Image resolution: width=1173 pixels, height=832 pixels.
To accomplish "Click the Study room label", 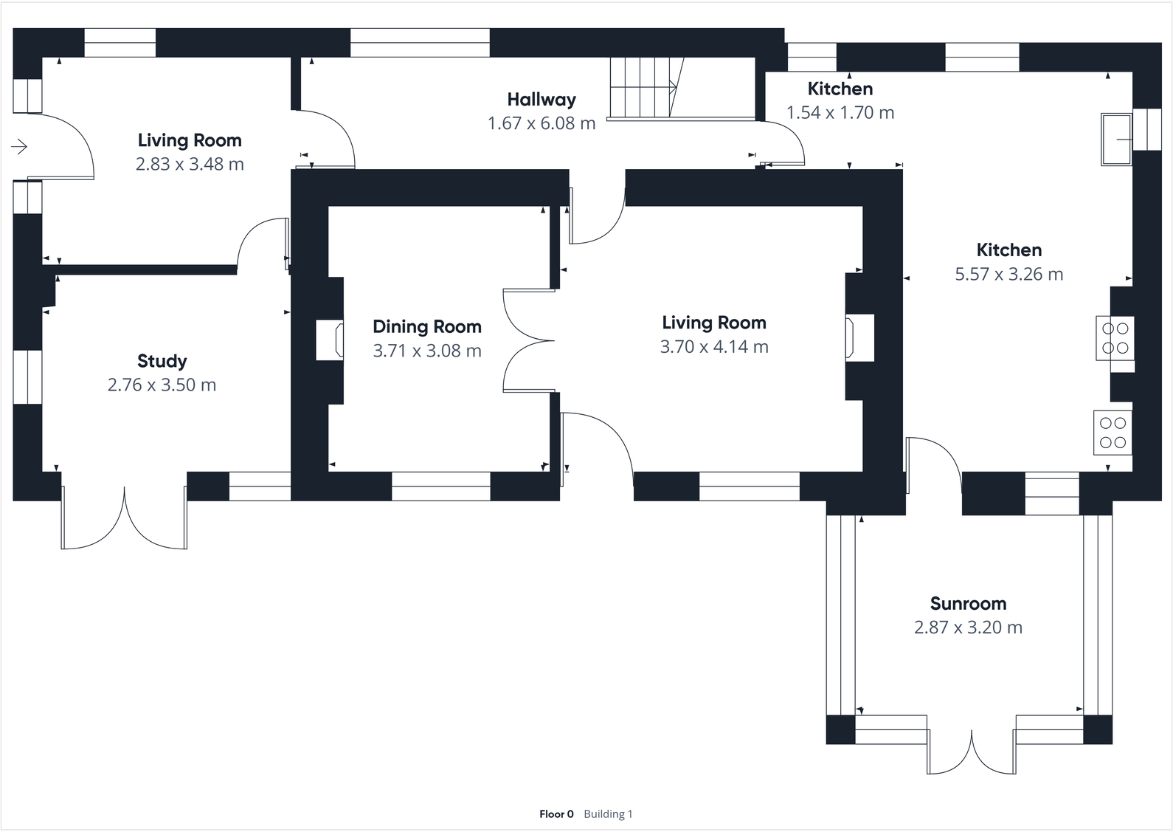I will click(162, 361).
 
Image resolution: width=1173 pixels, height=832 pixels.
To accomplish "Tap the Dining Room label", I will click(426, 326).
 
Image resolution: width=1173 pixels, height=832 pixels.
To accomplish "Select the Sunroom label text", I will click(968, 603).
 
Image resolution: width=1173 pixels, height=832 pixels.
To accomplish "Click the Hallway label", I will click(541, 99).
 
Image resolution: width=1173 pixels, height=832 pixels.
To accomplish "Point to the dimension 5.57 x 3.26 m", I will click(1008, 274).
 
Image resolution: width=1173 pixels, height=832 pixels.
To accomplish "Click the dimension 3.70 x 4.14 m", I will click(713, 346).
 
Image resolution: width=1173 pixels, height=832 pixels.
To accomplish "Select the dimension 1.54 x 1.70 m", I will click(840, 112).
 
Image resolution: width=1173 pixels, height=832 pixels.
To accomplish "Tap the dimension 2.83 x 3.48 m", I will click(190, 164).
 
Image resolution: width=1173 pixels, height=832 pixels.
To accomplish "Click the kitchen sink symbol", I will click(1116, 139).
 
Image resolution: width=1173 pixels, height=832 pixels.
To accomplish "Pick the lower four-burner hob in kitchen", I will click(1113, 433).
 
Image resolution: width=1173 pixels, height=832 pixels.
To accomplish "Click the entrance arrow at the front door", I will click(19, 147).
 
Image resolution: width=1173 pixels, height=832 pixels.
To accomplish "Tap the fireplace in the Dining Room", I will click(330, 340).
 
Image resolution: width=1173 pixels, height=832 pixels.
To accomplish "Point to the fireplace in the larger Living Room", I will click(859, 338).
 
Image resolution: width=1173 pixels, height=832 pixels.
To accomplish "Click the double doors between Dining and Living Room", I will click(527, 341).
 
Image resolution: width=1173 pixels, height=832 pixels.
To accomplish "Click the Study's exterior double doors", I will click(124, 519).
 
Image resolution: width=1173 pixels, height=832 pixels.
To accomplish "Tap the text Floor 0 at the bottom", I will click(556, 814).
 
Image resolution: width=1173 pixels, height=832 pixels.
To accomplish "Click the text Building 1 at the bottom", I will click(608, 814).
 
